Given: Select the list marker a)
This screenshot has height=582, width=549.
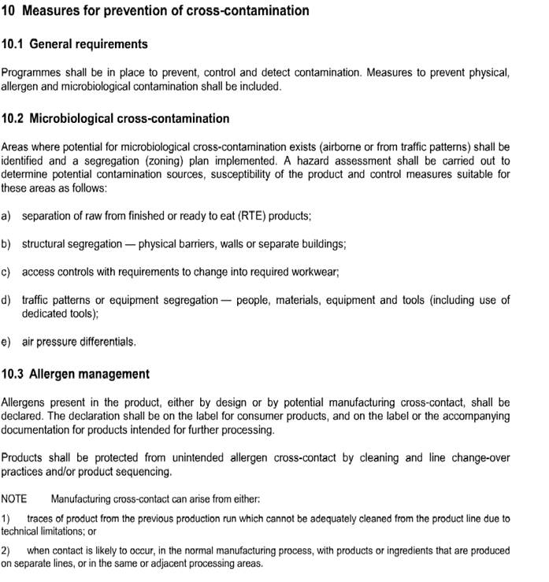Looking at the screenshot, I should [6, 216].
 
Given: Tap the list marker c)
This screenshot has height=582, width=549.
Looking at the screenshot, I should [6, 272].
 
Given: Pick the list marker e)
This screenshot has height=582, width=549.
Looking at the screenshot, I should [6, 342].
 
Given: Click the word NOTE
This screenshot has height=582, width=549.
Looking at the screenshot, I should [14, 499].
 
